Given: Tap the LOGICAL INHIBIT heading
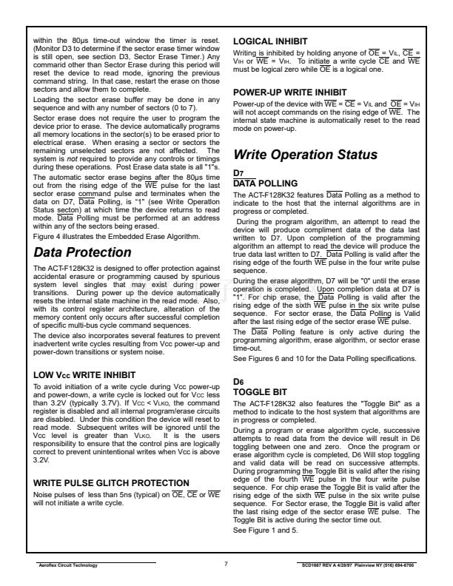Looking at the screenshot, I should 270,39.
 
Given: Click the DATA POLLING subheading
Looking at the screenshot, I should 265,183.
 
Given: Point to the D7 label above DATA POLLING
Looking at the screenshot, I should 238,172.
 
